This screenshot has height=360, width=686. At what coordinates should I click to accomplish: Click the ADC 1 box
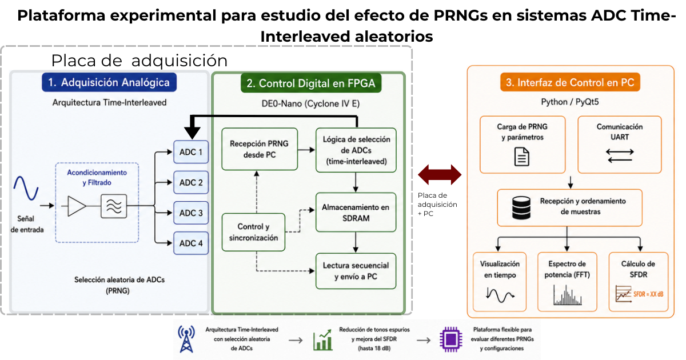[x=191, y=152]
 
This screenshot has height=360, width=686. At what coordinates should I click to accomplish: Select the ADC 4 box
[x=191, y=243]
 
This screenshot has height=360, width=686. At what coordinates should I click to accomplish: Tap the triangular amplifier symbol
[x=76, y=206]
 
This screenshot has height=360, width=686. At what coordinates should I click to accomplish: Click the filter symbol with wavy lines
[x=114, y=206]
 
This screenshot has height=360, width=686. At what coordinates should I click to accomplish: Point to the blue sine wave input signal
[x=26, y=188]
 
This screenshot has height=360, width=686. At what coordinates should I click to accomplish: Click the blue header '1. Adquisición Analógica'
[x=109, y=82]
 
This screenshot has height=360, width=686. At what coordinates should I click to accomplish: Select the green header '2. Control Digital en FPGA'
[x=311, y=83]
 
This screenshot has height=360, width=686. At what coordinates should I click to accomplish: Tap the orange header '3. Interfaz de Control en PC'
[x=570, y=82]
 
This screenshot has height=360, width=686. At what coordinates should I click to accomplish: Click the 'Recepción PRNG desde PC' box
[x=260, y=149]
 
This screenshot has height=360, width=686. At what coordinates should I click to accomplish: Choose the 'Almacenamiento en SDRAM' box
[x=356, y=212]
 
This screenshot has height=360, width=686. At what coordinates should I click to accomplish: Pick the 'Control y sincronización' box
[x=253, y=232]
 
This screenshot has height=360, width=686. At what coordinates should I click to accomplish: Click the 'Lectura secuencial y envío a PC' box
[x=356, y=271]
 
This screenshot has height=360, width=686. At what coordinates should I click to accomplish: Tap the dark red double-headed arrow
[x=440, y=175]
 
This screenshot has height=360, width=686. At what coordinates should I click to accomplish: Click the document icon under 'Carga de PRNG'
[x=521, y=157]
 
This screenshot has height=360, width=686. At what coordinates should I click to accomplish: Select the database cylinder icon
[x=521, y=208]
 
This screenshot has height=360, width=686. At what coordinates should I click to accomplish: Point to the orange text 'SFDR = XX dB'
[x=648, y=294]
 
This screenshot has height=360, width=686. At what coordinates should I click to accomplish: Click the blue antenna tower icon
[x=186, y=339]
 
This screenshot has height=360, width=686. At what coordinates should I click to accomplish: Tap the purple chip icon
[x=451, y=339]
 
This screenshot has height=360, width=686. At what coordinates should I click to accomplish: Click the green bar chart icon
[x=322, y=340]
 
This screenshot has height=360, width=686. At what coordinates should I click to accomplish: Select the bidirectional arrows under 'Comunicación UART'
[x=620, y=155]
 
